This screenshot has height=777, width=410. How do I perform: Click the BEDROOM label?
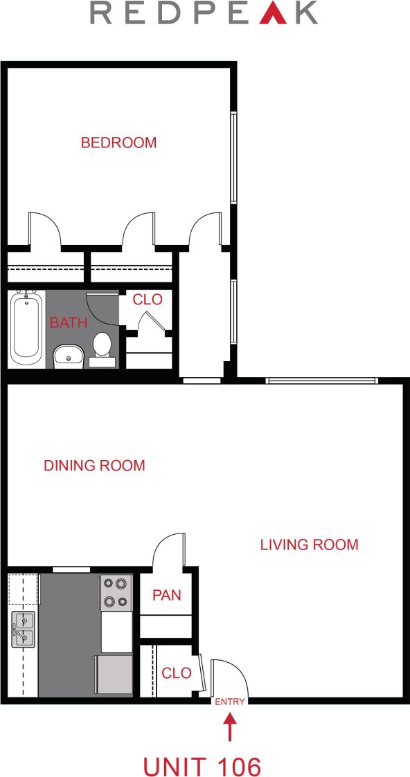(x=118, y=143)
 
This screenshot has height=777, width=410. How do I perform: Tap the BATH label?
(x=69, y=322)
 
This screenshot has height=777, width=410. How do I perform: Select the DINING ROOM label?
(x=94, y=466)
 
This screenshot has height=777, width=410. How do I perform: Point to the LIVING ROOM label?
(x=309, y=545)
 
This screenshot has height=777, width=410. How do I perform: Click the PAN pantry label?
(x=166, y=595)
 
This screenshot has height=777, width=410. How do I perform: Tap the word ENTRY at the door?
(x=230, y=702)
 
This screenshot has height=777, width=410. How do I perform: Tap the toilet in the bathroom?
(x=102, y=347)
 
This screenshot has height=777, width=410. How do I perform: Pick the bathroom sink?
(x=68, y=356)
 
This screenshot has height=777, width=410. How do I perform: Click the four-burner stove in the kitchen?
(x=116, y=593)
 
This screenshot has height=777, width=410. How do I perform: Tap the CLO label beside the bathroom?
(x=148, y=300)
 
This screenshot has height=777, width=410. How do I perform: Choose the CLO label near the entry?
(x=176, y=673)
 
